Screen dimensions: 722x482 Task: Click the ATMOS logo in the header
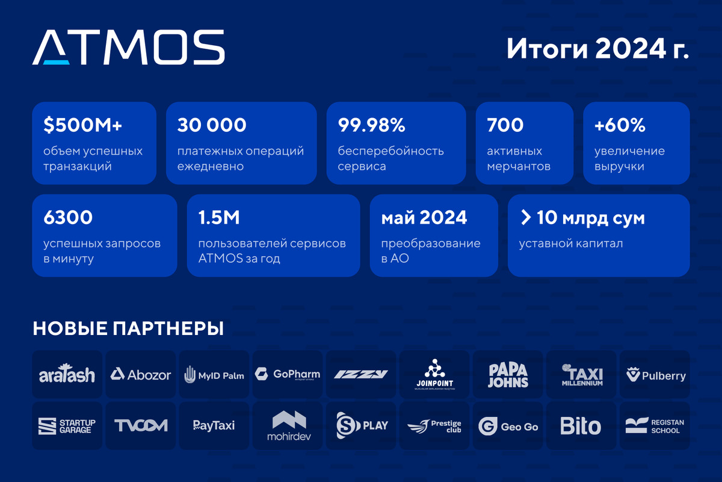click(128, 47)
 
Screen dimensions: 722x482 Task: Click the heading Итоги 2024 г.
click(597, 49)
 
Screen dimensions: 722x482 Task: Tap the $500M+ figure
click(83, 125)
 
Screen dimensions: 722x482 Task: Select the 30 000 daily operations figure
click(212, 125)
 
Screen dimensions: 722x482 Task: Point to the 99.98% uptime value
click(371, 125)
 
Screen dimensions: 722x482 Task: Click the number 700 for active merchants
click(505, 125)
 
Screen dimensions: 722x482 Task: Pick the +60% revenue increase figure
click(620, 125)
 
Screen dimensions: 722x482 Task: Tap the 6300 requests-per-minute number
click(68, 218)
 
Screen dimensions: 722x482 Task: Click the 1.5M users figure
click(219, 218)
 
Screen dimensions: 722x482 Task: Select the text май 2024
click(424, 218)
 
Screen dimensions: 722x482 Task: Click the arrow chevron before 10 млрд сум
click(526, 218)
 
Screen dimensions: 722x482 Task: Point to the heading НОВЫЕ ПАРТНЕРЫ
click(128, 328)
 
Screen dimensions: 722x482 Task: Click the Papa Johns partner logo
click(508, 375)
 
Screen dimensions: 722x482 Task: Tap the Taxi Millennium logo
click(582, 375)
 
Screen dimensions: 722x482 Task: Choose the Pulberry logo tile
click(655, 375)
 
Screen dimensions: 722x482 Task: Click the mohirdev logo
click(289, 426)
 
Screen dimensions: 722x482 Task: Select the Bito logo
click(581, 426)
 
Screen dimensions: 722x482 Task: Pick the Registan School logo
click(655, 426)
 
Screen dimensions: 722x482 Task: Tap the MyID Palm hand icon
click(190, 375)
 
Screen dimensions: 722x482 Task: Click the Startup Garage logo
click(67, 426)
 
